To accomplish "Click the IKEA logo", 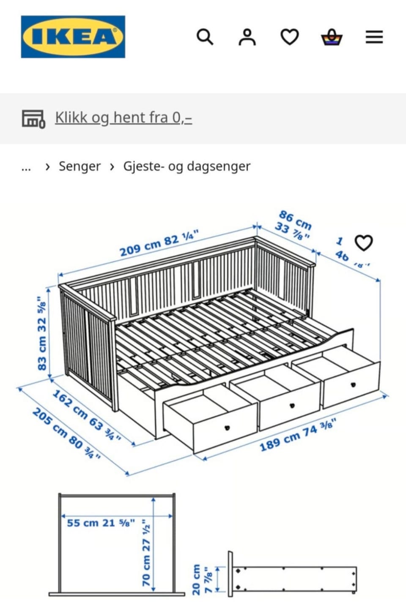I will point(73,37).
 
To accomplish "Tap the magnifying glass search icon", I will point(205,37).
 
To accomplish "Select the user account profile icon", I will point(247,37).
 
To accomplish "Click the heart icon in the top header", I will point(290,37).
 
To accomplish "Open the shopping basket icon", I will point(332,37).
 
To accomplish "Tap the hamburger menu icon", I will point(374,37).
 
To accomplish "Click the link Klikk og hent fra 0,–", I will point(123,117).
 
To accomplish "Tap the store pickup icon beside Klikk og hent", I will point(33,119).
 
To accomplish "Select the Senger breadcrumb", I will point(80,166).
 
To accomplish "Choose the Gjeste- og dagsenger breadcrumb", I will point(187,166).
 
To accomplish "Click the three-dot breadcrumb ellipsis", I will point(26,167).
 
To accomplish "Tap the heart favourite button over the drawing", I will point(363,243).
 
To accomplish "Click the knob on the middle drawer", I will point(292,406).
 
